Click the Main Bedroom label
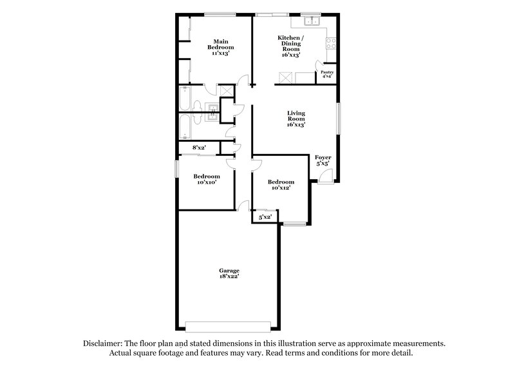(220, 47)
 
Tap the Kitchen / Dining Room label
(289, 47)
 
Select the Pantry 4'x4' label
(328, 74)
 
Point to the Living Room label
(295, 119)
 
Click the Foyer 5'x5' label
(323, 160)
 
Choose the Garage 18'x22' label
(229, 273)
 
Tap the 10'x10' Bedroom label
(207, 179)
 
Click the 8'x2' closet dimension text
(199, 148)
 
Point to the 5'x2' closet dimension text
(265, 218)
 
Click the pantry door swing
(320, 64)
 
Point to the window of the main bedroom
(220, 14)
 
